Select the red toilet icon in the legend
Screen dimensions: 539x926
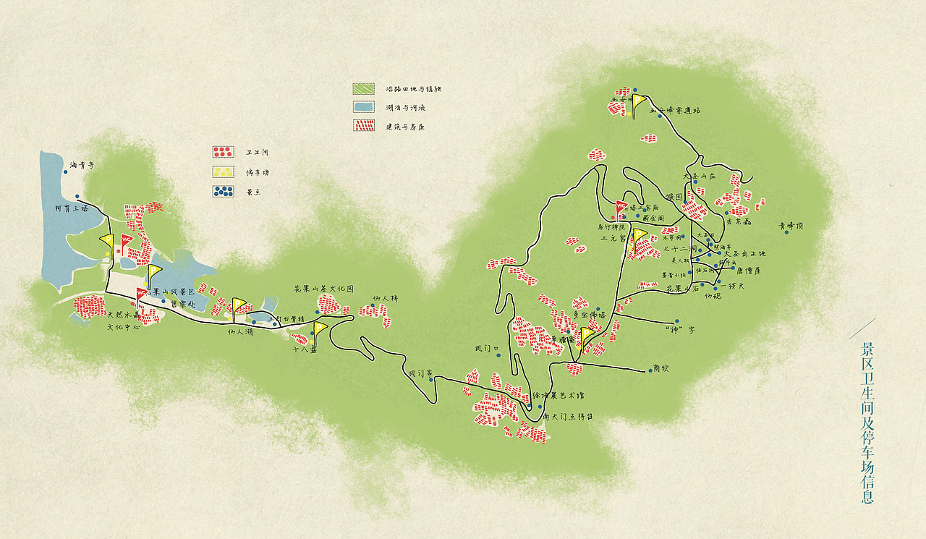point(222,152)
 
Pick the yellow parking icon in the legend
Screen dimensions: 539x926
point(222,172)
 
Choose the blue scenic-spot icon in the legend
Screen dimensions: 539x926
point(222,192)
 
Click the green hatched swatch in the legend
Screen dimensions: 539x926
point(363,88)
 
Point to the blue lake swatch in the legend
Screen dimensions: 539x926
point(363,107)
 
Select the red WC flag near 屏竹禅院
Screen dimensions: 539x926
point(621,208)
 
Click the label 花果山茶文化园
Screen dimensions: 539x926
point(323,289)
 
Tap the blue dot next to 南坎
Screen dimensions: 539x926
point(646,370)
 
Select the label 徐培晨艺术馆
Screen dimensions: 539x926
point(557,395)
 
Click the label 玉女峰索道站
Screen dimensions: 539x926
point(675,111)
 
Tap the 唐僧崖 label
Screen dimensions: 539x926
point(749,271)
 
